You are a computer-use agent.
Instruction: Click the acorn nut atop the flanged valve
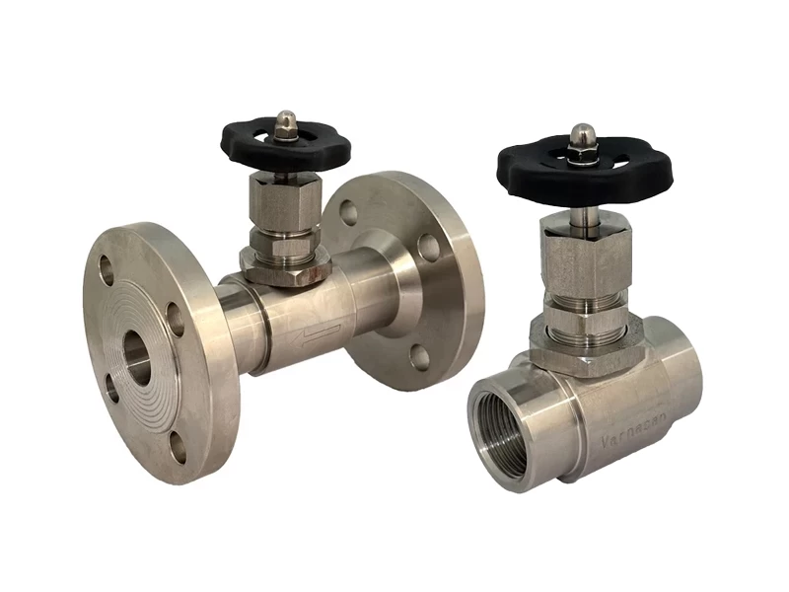coord(285,122)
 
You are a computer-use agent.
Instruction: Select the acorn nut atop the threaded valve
coord(583,135)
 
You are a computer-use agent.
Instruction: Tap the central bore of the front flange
coord(137,358)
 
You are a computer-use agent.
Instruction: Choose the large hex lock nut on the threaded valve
coord(577,340)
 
